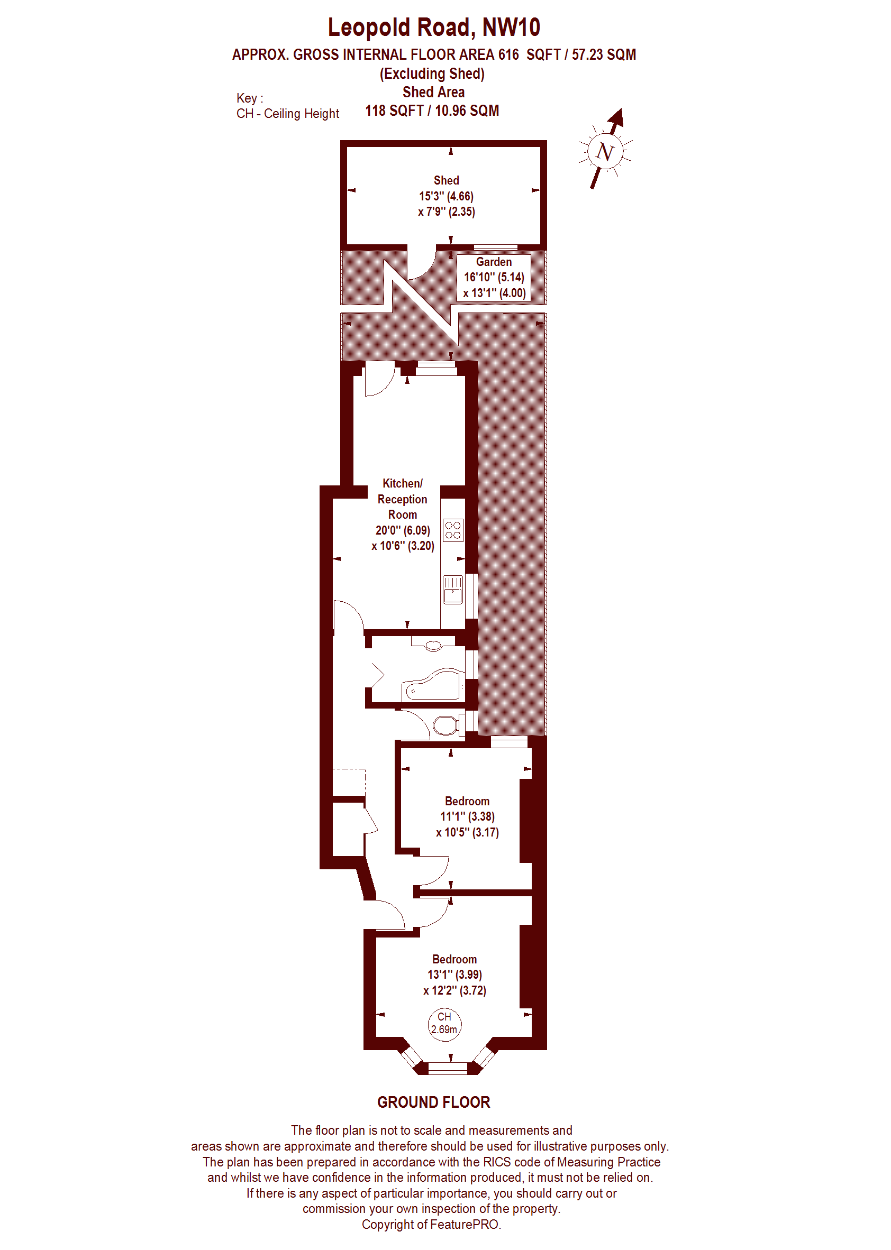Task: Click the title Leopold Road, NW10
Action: click(x=433, y=27)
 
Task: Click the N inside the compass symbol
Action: click(x=605, y=151)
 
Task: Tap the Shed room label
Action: click(x=446, y=180)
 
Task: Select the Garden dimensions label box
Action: click(x=494, y=278)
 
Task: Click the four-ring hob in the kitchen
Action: click(x=452, y=530)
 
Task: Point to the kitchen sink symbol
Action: click(x=452, y=590)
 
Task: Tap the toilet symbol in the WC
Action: click(x=446, y=726)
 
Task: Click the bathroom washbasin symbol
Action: click(x=433, y=645)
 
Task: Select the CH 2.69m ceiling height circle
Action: click(x=444, y=1024)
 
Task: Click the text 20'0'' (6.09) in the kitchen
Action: click(x=402, y=530)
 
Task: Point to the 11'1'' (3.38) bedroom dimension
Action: click(x=467, y=816)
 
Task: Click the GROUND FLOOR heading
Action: click(x=433, y=1102)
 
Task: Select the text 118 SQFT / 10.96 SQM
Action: click(x=432, y=111)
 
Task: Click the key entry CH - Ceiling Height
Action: click(x=287, y=114)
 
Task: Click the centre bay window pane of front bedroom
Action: click(x=447, y=1067)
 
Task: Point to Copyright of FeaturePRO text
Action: click(x=431, y=1224)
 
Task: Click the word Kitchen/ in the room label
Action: click(x=402, y=483)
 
